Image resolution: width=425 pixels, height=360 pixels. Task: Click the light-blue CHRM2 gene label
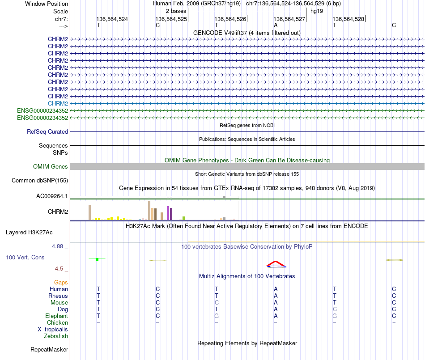coord(58,103)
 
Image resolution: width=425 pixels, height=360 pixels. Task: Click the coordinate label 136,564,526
coord(230,19)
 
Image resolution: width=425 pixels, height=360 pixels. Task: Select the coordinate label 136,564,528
coord(348,19)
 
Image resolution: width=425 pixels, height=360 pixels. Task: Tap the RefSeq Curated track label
coord(47,132)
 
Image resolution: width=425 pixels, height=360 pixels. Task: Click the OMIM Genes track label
coord(51,167)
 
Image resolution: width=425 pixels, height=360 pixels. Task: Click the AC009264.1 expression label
coord(52,196)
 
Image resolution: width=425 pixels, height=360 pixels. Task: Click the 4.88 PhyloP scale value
coord(60,246)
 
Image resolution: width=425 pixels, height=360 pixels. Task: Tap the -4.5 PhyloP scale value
coord(60,269)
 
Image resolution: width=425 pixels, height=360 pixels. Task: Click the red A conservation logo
coord(276,264)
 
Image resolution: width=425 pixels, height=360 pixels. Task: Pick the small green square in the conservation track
coord(97,259)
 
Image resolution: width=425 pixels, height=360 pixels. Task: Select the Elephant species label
coord(56,316)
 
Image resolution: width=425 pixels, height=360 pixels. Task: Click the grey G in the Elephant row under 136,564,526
coord(217,316)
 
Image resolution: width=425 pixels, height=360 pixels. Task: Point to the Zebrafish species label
coord(55,336)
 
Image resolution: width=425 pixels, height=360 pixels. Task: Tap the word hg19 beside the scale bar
coord(317,11)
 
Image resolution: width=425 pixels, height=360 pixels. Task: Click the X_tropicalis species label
coord(53,329)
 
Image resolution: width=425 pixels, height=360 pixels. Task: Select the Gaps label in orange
coord(61,282)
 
